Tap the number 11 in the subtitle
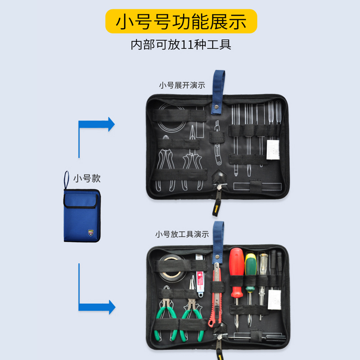[x=188, y=45]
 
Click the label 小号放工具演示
[x=182, y=234]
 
